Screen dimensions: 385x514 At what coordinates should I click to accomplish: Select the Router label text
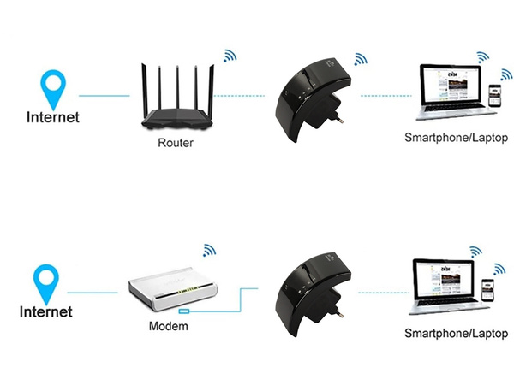[x=176, y=143]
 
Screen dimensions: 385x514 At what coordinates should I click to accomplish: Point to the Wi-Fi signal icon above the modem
[x=209, y=250]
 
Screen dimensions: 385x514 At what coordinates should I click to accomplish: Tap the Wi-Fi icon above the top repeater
[x=360, y=59]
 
